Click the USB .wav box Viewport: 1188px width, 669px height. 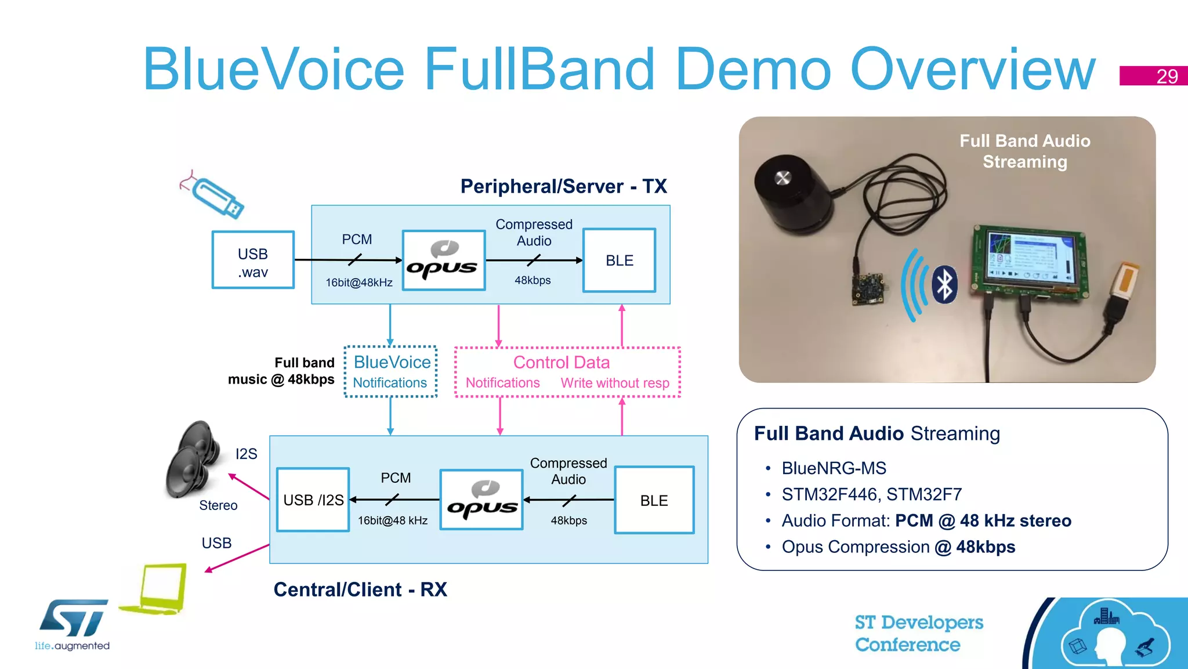pos(253,260)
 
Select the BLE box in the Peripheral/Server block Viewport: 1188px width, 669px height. pos(619,260)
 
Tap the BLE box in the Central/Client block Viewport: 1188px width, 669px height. pos(654,500)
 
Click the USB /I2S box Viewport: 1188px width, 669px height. pos(313,500)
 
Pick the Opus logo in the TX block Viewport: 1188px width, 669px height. pos(443,260)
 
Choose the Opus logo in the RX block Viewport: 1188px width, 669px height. pos(481,500)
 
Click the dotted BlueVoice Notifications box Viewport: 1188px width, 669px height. pos(391,371)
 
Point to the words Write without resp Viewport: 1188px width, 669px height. pos(615,383)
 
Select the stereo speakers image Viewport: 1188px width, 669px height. pos(194,458)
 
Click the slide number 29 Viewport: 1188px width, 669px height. pos(1166,76)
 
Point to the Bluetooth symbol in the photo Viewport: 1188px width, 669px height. pos(945,284)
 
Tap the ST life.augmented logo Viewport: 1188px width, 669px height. pos(73,624)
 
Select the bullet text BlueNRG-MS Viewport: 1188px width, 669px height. pos(834,468)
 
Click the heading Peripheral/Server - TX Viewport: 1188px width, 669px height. pos(563,186)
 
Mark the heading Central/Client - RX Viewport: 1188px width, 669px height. pos(360,590)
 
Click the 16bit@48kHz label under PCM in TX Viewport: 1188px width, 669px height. pos(359,283)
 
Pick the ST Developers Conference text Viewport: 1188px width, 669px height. pos(918,633)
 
